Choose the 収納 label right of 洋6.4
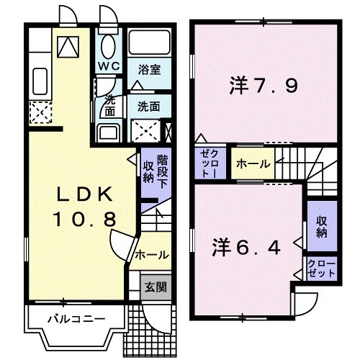pyautogui.click(x=321, y=227)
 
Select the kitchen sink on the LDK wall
pyautogui.click(x=40, y=81)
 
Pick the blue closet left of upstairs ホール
pyautogui.click(x=210, y=164)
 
